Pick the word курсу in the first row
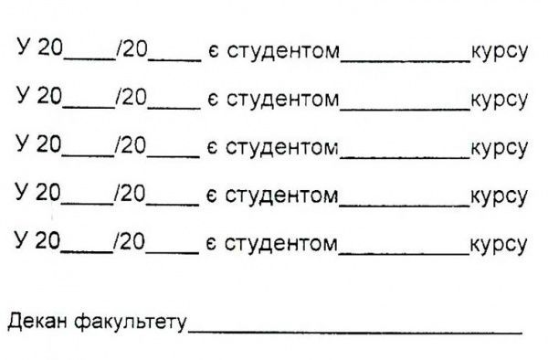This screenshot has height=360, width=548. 499,51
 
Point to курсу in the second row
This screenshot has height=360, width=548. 499,100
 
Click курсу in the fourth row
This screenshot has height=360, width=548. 499,196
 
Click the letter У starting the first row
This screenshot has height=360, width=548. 22,49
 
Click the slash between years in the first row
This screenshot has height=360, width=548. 116,49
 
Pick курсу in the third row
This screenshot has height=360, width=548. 499,148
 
